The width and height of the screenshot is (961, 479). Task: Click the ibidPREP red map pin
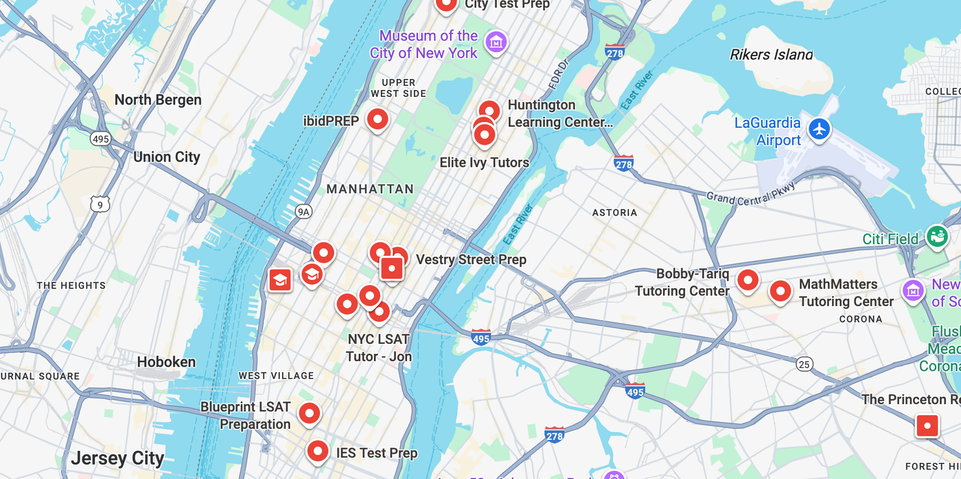click(378, 119)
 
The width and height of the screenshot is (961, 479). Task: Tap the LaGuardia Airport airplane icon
click(819, 128)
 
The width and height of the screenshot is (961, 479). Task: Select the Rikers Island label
click(771, 54)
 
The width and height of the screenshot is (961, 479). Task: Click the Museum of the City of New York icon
click(496, 43)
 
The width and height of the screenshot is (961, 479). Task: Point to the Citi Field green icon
click(936, 237)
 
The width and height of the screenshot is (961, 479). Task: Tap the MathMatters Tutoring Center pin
click(780, 291)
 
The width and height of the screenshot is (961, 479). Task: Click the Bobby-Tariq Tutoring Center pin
click(748, 280)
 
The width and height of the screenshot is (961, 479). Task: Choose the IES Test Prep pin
click(317, 451)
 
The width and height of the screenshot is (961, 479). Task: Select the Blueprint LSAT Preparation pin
click(310, 413)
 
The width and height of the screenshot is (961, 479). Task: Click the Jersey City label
click(117, 458)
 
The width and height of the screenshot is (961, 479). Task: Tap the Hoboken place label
click(166, 362)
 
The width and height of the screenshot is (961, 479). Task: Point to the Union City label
click(167, 157)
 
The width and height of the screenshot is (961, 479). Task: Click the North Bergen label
click(158, 100)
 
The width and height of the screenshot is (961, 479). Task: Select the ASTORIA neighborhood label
click(614, 213)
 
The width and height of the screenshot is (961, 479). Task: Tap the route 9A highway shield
click(303, 211)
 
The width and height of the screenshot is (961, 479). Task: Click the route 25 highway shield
click(804, 364)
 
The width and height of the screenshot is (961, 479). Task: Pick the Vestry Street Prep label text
click(471, 259)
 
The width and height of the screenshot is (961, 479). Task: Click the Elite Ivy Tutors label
click(484, 163)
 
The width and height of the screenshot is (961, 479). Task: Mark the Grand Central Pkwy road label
click(751, 193)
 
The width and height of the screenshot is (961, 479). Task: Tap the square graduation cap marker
click(280, 279)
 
